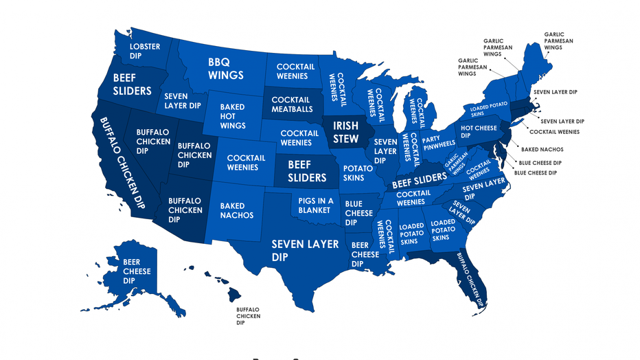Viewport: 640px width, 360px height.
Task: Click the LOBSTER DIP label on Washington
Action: point(145,52)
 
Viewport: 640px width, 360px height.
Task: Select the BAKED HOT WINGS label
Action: point(232,117)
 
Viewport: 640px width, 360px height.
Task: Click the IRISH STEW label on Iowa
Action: point(345,133)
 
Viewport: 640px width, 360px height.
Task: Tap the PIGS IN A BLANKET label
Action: point(316,205)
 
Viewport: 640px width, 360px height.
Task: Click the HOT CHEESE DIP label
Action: point(479,132)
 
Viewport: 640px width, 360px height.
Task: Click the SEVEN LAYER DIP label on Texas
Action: point(305,250)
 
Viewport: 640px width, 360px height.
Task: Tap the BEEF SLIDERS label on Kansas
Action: point(307,172)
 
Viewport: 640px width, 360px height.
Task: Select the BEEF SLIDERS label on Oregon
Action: point(132,84)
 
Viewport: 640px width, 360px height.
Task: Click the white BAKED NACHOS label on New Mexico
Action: point(237,210)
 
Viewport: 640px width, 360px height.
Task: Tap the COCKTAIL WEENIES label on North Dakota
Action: point(295,71)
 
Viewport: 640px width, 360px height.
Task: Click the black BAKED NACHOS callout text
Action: point(541,149)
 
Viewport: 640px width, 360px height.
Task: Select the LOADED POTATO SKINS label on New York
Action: point(488,110)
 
